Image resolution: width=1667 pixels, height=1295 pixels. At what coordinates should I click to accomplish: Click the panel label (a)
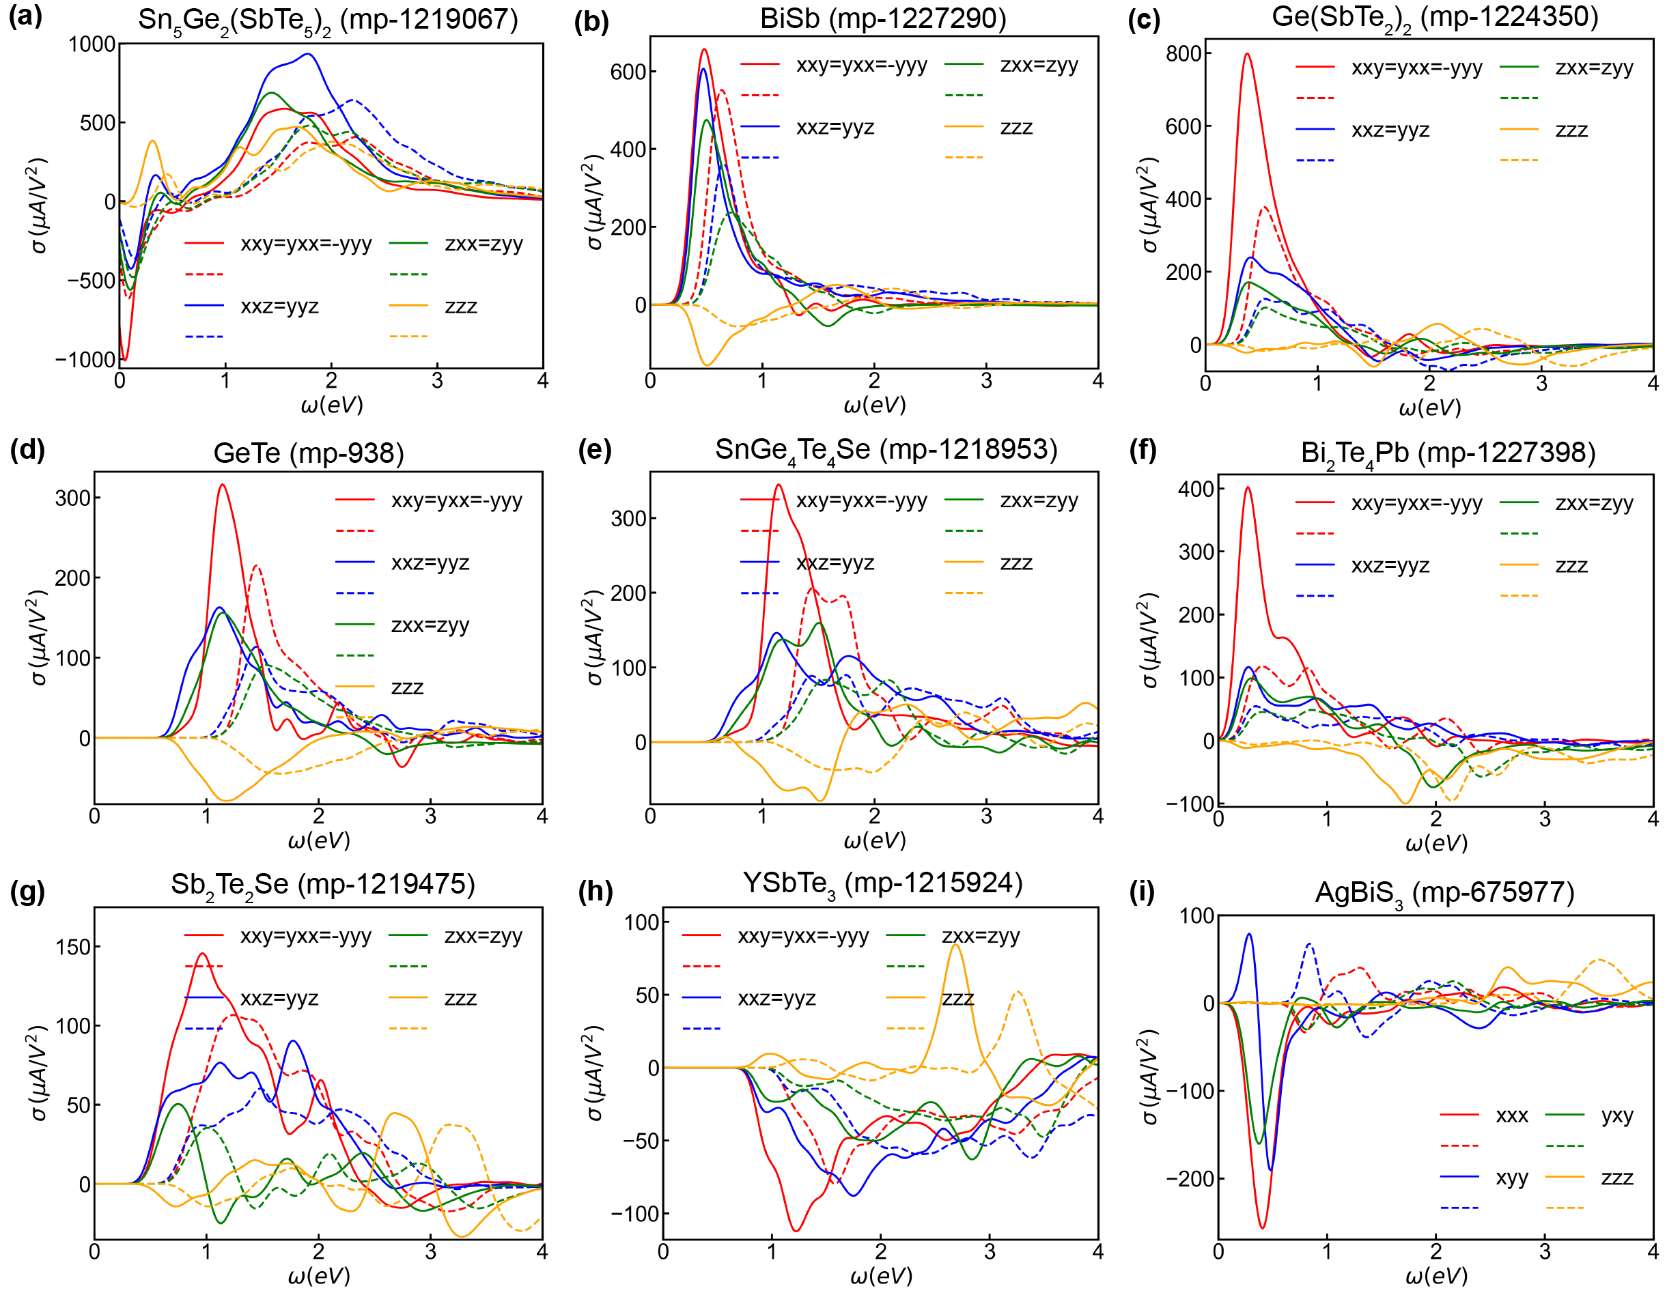pos(25,17)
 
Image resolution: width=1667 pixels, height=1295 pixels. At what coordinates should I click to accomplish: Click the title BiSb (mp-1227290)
pos(883,18)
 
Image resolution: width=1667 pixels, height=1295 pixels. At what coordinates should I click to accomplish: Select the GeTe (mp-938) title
pos(309,453)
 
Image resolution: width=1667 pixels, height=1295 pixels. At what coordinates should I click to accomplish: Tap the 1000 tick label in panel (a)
pos(92,44)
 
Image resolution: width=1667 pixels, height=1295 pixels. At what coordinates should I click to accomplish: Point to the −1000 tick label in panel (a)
pos(85,360)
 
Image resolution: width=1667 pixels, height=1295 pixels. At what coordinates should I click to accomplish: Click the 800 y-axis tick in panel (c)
pos(1184,53)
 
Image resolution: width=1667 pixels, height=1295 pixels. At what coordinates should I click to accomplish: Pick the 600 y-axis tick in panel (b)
pos(628,72)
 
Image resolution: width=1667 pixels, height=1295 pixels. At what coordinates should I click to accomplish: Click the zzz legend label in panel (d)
pos(407,687)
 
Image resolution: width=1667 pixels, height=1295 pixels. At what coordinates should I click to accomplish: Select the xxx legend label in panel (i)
pos(1511,1115)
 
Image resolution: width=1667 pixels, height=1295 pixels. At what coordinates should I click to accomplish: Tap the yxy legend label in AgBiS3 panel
pos(1616,1115)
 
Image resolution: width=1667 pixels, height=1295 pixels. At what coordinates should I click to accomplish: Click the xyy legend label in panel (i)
pos(1511,1178)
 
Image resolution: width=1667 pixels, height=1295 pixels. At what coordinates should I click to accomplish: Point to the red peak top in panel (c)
pos(1247,54)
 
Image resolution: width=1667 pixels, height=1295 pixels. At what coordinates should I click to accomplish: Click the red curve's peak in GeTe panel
pos(222,485)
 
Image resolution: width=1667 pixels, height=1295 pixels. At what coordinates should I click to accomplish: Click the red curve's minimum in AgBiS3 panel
pos(1263,1227)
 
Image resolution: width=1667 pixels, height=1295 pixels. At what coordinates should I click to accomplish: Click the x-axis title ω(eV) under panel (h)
pos(881,1275)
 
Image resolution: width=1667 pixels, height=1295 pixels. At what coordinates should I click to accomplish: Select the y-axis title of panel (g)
pos(38,1073)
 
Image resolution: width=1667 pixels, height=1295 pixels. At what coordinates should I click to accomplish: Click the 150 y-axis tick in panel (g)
pos(73,947)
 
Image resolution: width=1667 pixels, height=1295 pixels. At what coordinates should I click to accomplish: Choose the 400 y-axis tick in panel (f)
pos(1196,488)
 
